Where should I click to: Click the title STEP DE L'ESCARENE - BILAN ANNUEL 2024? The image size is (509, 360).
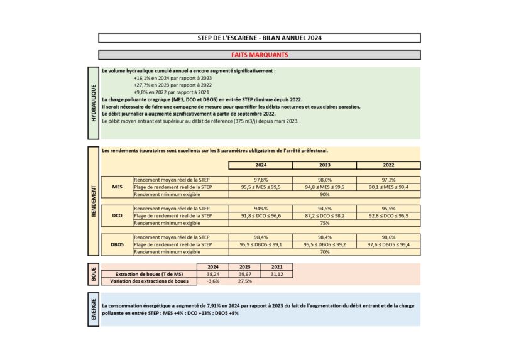pyautogui.click(x=260, y=38)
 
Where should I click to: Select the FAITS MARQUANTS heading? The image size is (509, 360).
pyautogui.click(x=260, y=55)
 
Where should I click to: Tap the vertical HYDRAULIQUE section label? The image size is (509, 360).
pyautogui.click(x=94, y=102)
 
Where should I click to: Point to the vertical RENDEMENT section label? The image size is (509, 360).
pyautogui.click(x=94, y=201)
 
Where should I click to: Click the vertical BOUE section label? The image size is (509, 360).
pyautogui.click(x=94, y=275)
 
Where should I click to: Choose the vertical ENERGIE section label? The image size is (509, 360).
pyautogui.click(x=94, y=308)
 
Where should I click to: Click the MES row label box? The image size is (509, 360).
pyautogui.click(x=117, y=187)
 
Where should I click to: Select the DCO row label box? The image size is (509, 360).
pyautogui.click(x=117, y=215)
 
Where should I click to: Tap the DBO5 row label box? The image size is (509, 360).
pyautogui.click(x=117, y=244)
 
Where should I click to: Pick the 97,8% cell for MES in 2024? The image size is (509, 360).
pyautogui.click(x=260, y=180)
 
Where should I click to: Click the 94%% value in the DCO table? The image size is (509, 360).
pyautogui.click(x=260, y=209)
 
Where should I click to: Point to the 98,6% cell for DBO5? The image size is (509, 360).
pyautogui.click(x=388, y=237)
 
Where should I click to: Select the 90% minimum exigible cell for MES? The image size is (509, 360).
pyautogui.click(x=324, y=194)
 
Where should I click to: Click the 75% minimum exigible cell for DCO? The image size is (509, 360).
pyautogui.click(x=324, y=223)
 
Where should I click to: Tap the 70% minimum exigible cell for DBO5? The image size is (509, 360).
pyautogui.click(x=324, y=252)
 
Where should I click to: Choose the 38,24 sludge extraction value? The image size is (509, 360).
pyautogui.click(x=213, y=274)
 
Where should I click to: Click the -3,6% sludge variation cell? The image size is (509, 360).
pyautogui.click(x=213, y=281)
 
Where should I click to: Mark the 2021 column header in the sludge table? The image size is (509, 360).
pyautogui.click(x=276, y=266)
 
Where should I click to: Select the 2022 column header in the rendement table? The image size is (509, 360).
pyautogui.click(x=388, y=165)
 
